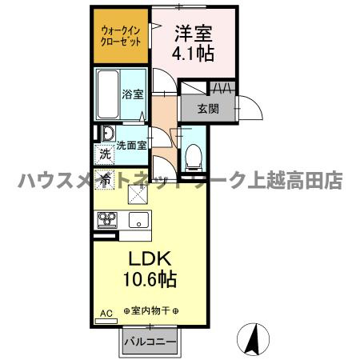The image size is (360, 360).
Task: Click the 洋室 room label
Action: click(x=193, y=34)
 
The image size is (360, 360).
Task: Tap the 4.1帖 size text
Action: click(x=193, y=55)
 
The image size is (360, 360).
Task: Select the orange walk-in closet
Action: click(x=120, y=37)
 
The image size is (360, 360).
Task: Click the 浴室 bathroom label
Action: click(x=132, y=94)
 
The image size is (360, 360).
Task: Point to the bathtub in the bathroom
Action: click(x=109, y=94)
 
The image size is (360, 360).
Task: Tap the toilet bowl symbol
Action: click(x=193, y=156)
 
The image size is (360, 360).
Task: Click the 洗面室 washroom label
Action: click(x=131, y=146)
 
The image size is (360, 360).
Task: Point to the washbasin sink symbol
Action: click(x=106, y=133)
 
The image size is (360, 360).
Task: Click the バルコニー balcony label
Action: click(x=153, y=342)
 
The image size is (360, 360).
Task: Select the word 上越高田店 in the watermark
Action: click(x=296, y=181)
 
